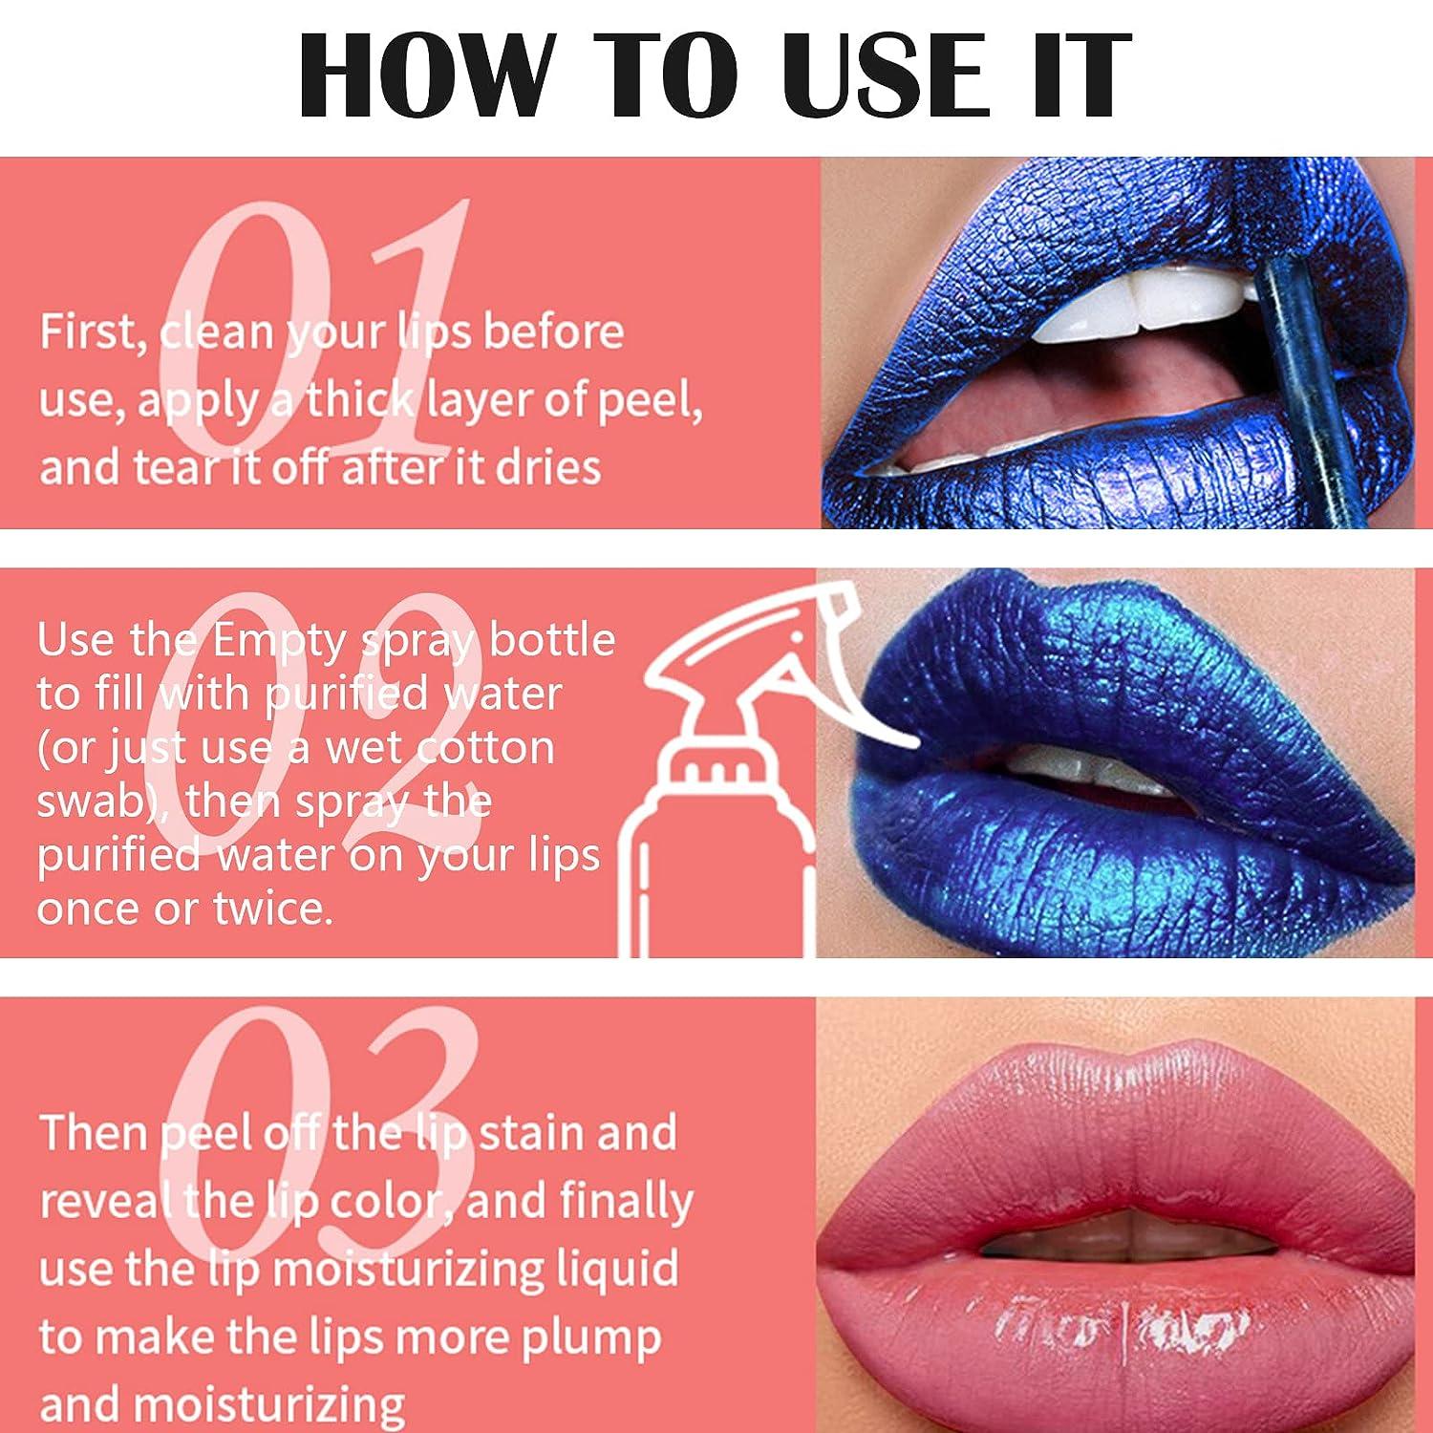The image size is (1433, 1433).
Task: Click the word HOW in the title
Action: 426,76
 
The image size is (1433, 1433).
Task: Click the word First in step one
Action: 92,332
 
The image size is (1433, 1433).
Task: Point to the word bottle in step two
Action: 552,641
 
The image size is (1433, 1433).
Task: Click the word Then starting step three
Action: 93,1134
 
